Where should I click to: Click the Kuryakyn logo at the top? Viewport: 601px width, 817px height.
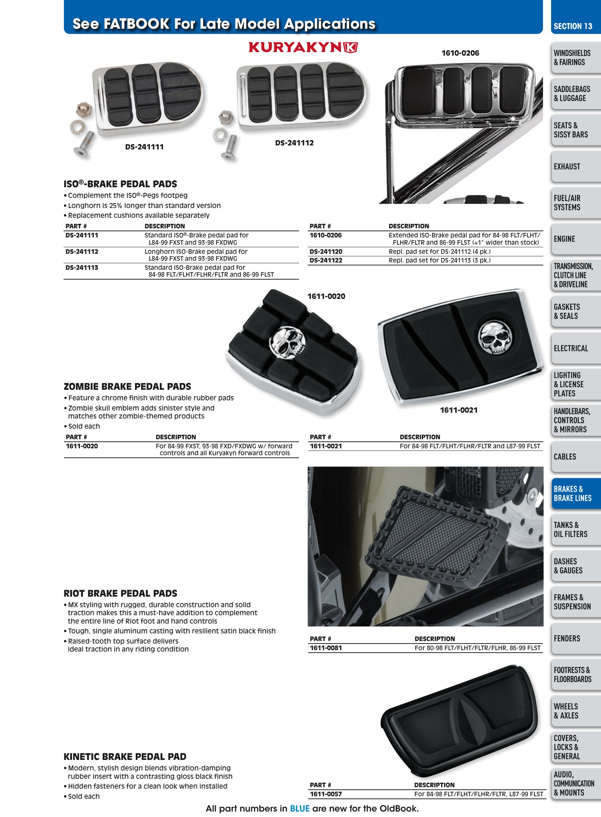click(x=303, y=47)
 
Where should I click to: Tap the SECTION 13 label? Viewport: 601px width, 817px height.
click(x=573, y=26)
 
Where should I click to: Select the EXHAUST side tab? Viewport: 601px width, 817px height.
click(x=567, y=167)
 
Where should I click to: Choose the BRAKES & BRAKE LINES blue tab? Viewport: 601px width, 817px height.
click(x=572, y=493)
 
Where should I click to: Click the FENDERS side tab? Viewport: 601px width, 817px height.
click(x=567, y=638)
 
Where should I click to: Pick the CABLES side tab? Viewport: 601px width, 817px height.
click(x=565, y=457)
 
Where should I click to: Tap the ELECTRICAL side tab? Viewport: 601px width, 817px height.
click(x=570, y=348)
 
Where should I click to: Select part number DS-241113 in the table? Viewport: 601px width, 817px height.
click(x=82, y=268)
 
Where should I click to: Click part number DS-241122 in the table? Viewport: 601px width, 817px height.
click(x=326, y=260)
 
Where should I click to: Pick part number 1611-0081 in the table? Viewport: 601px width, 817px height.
click(x=326, y=648)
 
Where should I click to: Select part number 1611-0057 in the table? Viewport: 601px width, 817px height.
click(x=326, y=794)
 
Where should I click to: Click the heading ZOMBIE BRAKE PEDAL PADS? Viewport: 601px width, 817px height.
click(x=127, y=386)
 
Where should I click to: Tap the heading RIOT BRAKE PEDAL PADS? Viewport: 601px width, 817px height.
click(x=120, y=593)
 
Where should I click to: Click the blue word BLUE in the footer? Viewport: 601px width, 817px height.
click(x=299, y=809)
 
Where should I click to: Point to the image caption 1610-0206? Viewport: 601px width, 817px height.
click(x=460, y=53)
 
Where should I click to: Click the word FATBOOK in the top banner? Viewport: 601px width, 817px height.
click(x=136, y=24)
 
